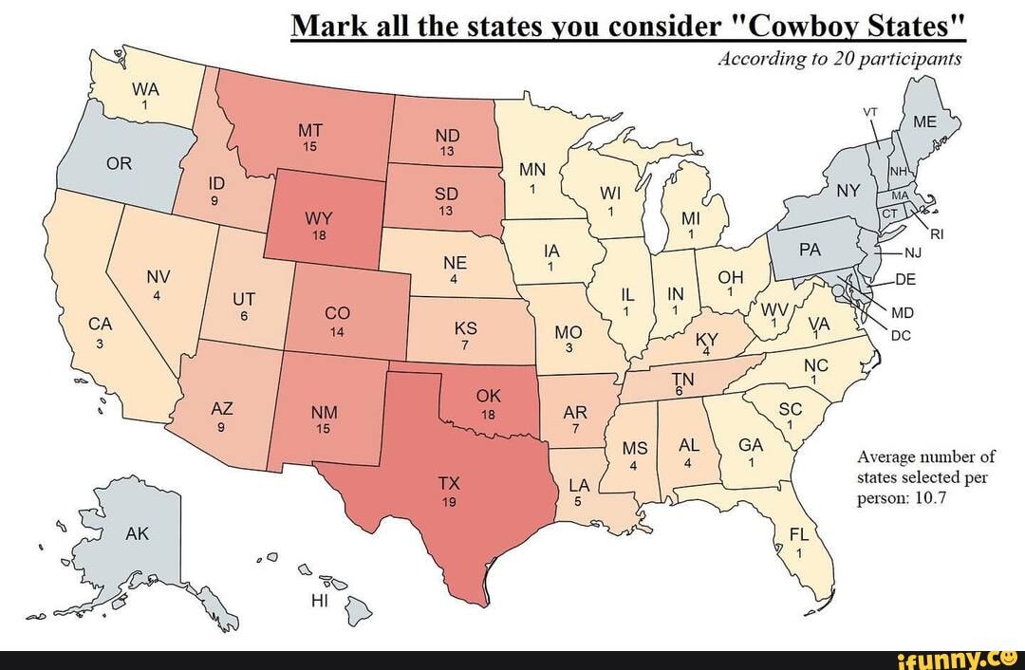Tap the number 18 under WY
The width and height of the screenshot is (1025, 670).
pyautogui.click(x=318, y=235)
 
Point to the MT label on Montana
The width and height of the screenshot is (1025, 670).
pyautogui.click(x=309, y=130)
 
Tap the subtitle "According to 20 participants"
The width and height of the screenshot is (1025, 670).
pyautogui.click(x=840, y=59)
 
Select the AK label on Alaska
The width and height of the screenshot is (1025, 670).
pyautogui.click(x=138, y=534)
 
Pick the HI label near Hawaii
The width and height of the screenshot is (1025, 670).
pyautogui.click(x=319, y=601)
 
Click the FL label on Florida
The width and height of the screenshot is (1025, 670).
pyautogui.click(x=801, y=534)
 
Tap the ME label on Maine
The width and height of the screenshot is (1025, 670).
pyautogui.click(x=923, y=122)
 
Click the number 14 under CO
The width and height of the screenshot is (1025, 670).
pyautogui.click(x=337, y=333)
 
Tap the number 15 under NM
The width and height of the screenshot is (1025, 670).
pyautogui.click(x=324, y=428)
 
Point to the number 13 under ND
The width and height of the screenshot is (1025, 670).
pyautogui.click(x=447, y=151)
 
